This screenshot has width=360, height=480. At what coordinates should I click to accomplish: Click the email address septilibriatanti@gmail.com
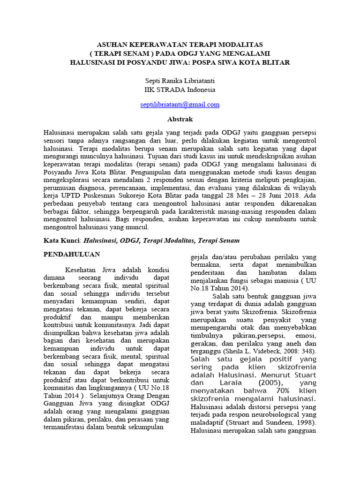pos(180,105)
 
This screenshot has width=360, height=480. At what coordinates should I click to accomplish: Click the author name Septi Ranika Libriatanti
pos(180,81)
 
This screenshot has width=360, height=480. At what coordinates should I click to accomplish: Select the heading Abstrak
pos(180,119)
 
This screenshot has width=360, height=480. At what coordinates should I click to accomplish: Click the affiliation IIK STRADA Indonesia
pos(180,89)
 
